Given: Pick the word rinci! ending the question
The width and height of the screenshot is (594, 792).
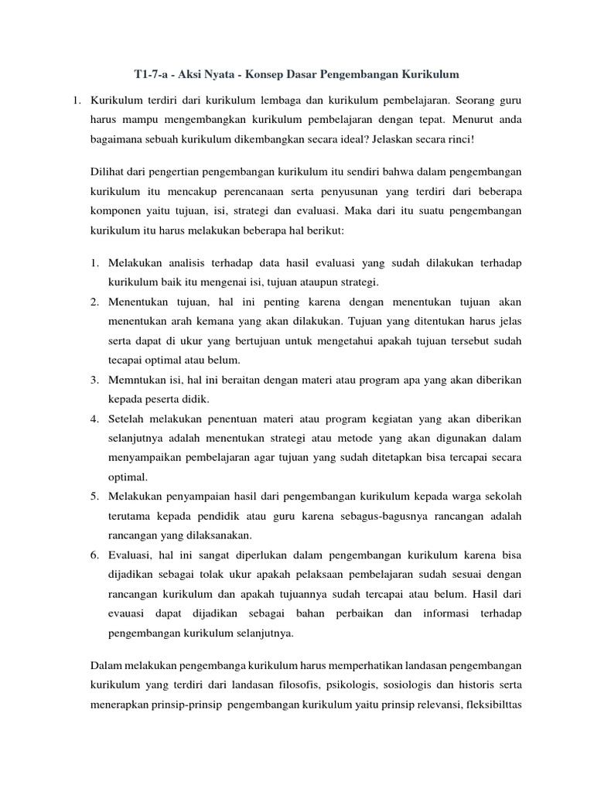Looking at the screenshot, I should pos(456,141).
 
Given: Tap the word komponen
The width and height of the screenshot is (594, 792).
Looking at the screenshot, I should pos(115,210).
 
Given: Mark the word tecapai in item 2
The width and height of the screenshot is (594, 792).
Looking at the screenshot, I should pos(127,360).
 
